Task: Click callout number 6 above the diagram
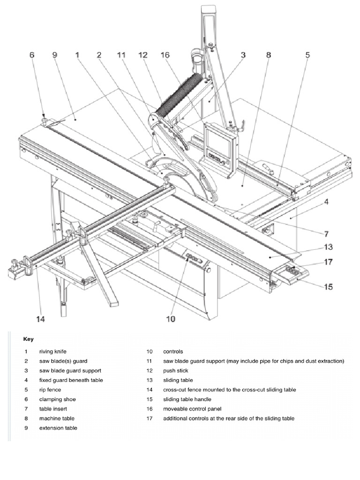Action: (32, 55)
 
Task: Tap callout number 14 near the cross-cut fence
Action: (41, 319)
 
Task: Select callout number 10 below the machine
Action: (170, 319)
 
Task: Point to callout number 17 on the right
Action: (328, 262)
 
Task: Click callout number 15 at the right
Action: (329, 286)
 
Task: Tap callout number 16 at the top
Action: (165, 55)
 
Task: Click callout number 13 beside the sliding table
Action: (328, 246)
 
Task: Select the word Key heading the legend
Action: (28, 338)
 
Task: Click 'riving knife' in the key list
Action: (56, 352)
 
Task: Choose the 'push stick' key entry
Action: (176, 371)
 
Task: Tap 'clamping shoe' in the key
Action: (57, 399)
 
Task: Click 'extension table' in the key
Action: (58, 428)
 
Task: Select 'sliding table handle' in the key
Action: (187, 399)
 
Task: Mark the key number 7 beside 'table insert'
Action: (27, 409)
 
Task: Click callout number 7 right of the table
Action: (326, 233)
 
